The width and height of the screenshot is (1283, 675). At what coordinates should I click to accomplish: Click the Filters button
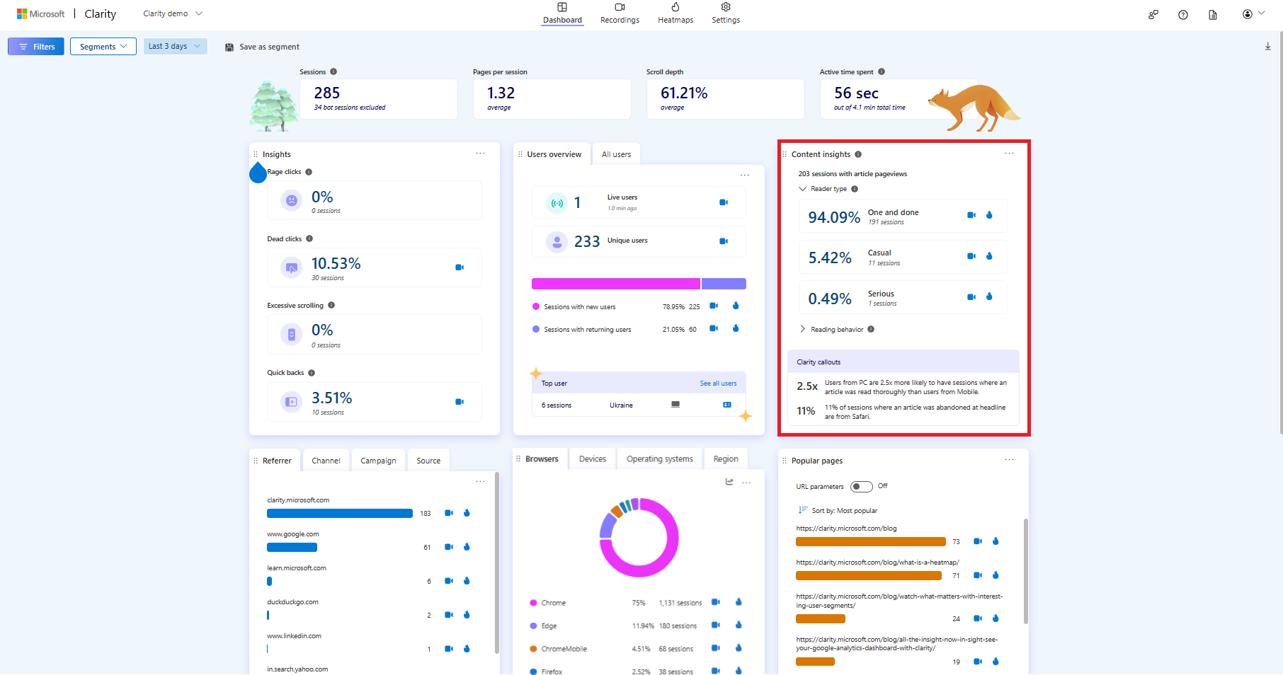coord(36,47)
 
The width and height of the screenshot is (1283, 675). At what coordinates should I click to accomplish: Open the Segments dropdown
coord(103,47)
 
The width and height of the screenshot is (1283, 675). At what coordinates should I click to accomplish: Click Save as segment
coord(262,47)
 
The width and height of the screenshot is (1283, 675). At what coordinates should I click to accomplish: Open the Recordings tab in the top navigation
coord(620,13)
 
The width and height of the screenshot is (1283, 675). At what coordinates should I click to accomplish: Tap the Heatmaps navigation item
coord(675,13)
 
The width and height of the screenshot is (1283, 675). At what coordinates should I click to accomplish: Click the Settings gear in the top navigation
coord(726,13)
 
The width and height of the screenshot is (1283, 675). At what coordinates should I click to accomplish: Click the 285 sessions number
coord(327,93)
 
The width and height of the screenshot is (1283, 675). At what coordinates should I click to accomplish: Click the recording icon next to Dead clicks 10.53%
coord(460,267)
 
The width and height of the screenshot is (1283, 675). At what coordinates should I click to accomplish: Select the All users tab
coord(616,154)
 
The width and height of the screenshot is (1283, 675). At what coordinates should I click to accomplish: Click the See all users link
coord(718,383)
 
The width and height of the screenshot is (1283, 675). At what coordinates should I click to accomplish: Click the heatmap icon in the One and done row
coord(989,215)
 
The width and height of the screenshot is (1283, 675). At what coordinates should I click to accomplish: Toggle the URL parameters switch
coord(861,487)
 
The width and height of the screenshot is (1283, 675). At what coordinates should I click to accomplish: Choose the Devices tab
coord(592,459)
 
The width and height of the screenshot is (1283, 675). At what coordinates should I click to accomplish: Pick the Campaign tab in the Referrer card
coord(378,461)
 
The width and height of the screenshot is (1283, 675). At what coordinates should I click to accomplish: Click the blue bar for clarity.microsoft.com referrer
coord(339,514)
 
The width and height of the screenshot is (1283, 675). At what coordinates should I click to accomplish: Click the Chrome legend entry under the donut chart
coord(553,603)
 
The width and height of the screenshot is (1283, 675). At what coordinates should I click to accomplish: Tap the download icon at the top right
coord(1267,47)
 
